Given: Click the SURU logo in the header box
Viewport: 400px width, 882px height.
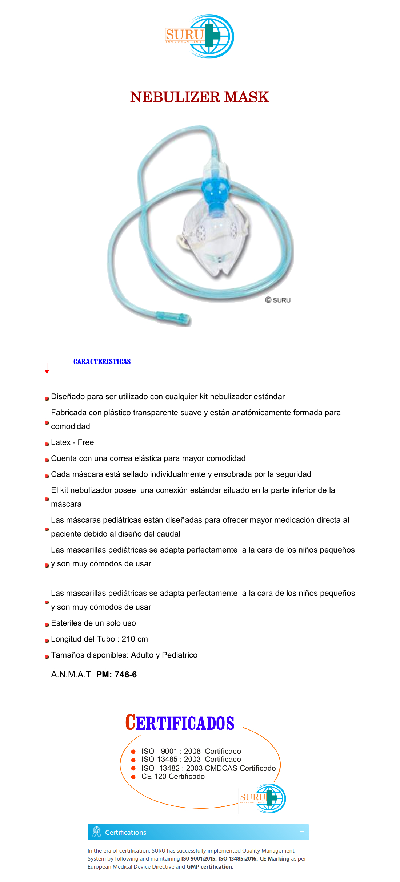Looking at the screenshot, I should [x=199, y=36].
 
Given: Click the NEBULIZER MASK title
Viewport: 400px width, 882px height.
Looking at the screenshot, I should [x=200, y=97].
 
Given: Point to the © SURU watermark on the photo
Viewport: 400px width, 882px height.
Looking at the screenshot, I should [x=278, y=300].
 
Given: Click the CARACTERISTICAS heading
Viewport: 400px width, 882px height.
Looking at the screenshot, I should [x=102, y=362].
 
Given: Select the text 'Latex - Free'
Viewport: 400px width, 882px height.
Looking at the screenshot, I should [x=72, y=442].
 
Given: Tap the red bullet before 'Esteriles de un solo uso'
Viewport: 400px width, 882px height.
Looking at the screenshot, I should [x=47, y=625].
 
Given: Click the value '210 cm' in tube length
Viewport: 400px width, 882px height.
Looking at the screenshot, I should [x=135, y=639].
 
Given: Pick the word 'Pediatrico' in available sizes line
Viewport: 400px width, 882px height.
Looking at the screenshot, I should [x=180, y=655].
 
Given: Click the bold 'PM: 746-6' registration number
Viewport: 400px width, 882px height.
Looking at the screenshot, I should [x=116, y=675].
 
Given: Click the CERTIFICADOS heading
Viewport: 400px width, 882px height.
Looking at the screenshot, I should [x=180, y=723].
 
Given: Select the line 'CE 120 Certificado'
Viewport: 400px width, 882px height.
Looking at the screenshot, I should [x=173, y=776].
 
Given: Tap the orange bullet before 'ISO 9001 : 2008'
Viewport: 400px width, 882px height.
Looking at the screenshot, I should [x=133, y=752].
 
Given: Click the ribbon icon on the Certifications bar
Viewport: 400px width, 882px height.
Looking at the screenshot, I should [x=97, y=832].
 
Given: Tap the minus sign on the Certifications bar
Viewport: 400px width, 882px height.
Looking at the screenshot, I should [x=302, y=832].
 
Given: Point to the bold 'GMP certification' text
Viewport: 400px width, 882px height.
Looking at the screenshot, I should [x=209, y=867].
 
